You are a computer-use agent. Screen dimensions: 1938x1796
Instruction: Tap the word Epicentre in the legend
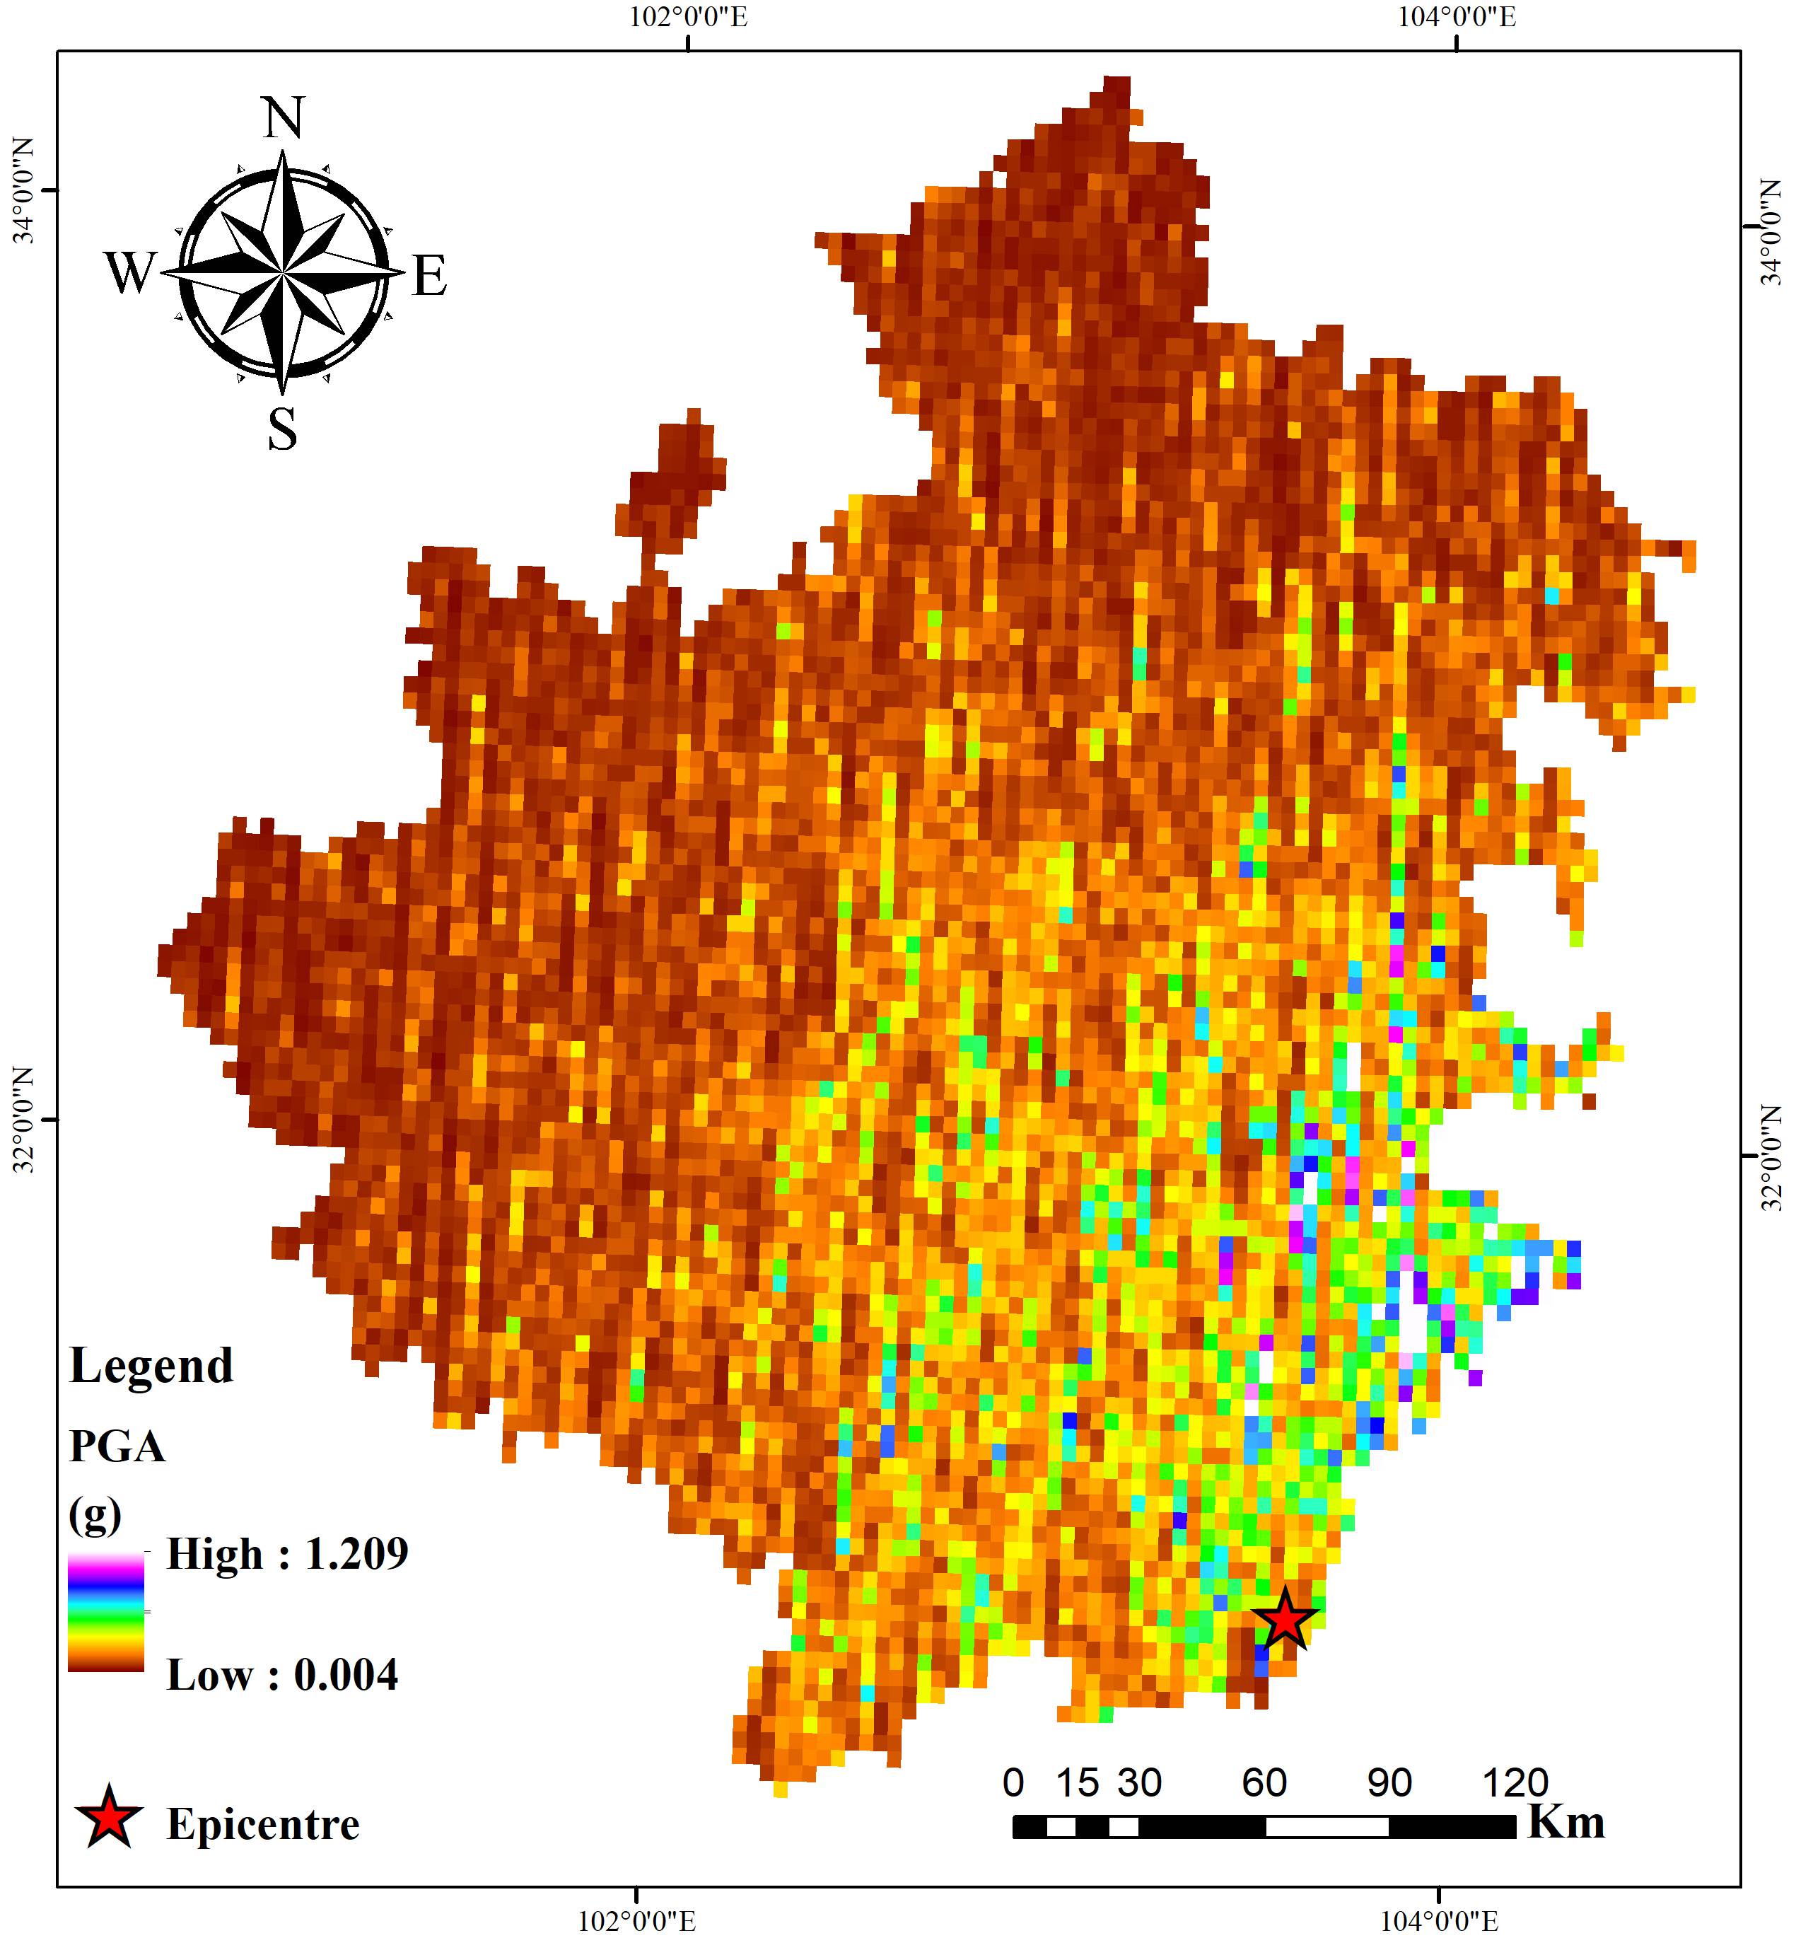point(262,1824)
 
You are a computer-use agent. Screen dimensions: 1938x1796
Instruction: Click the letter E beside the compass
point(430,275)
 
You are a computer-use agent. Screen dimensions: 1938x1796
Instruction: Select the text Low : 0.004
point(282,1675)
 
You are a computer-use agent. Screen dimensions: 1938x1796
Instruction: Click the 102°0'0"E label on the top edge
point(689,18)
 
